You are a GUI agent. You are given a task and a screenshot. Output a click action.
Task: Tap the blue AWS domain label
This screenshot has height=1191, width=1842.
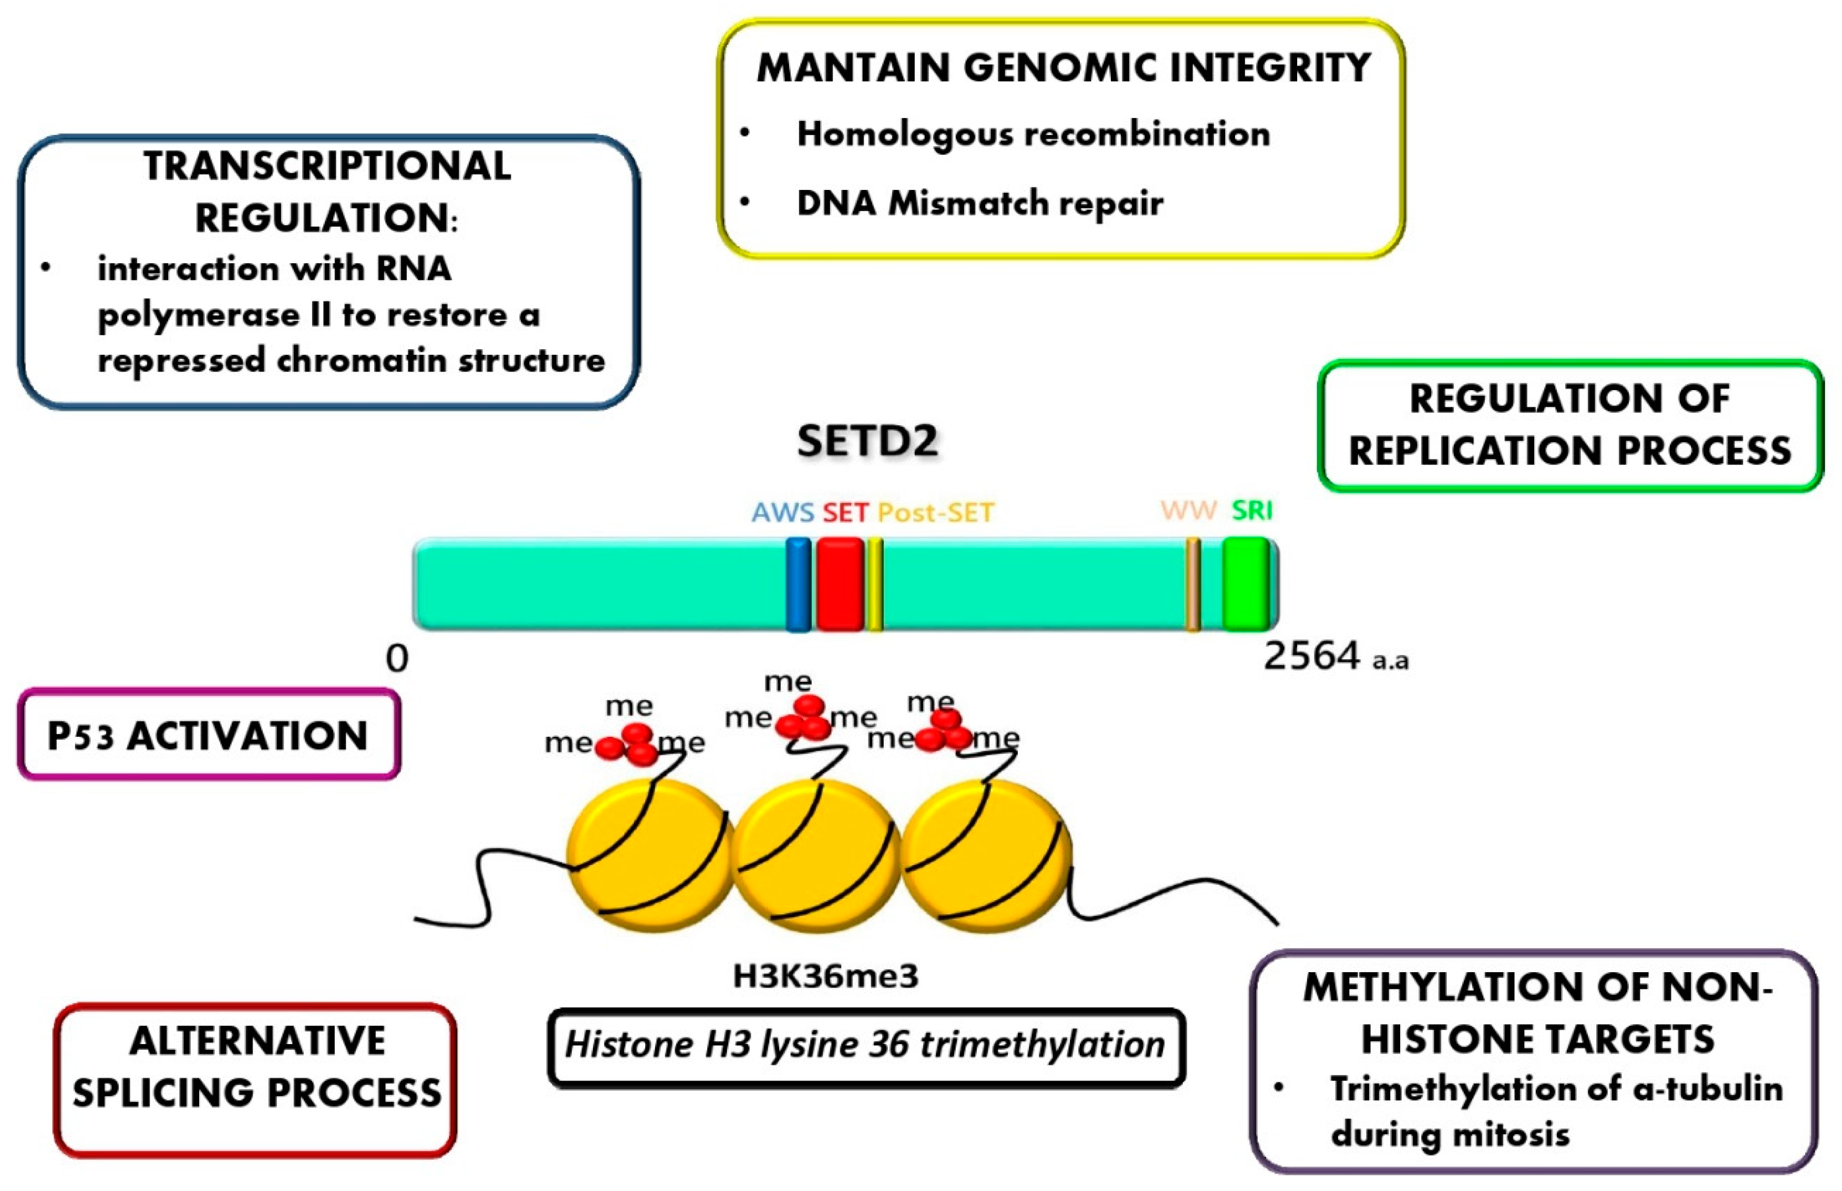[x=782, y=513]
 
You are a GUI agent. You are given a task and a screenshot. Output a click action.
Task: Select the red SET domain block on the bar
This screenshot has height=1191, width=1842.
[x=841, y=585]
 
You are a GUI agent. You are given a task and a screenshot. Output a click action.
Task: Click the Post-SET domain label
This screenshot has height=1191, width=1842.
[x=935, y=513]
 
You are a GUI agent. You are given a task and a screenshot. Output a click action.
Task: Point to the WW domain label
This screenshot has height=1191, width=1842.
[x=1189, y=511]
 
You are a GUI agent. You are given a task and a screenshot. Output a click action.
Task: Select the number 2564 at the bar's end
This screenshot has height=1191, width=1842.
[x=1312, y=656]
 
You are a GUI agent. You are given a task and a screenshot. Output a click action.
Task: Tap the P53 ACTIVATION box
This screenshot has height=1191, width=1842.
[x=208, y=735]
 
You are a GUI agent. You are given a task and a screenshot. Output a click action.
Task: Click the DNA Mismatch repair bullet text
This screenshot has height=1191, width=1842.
[x=980, y=203]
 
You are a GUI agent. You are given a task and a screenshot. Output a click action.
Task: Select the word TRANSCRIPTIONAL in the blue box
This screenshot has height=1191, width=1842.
[x=327, y=166]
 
